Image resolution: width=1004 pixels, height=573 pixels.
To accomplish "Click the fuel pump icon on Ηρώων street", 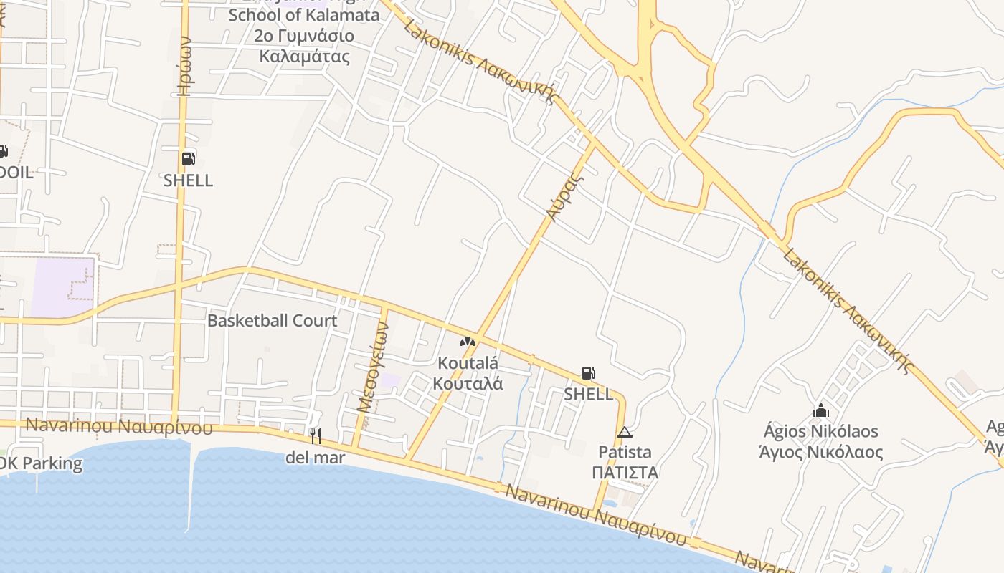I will click(x=187, y=159).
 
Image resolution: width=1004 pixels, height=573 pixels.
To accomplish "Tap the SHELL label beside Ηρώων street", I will click(x=188, y=180).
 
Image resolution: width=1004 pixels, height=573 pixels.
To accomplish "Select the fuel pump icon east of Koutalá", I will click(x=588, y=372).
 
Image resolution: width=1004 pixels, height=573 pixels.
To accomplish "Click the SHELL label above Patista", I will click(x=588, y=394).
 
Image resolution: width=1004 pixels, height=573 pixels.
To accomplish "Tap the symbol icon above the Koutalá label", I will click(x=468, y=342).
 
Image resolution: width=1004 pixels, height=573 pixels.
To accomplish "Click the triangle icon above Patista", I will click(x=625, y=432).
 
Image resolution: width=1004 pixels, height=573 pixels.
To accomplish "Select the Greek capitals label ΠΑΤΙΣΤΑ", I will click(x=625, y=473).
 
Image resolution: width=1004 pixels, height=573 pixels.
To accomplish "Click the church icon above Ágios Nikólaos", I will click(x=821, y=411).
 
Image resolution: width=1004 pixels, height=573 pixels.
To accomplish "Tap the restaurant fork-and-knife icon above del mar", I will click(x=315, y=435).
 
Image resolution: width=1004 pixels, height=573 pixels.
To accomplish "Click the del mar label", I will click(x=315, y=457).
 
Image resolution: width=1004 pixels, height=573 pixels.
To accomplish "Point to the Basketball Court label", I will click(x=272, y=320).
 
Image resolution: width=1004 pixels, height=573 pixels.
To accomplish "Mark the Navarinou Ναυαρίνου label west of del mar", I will click(x=119, y=426).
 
